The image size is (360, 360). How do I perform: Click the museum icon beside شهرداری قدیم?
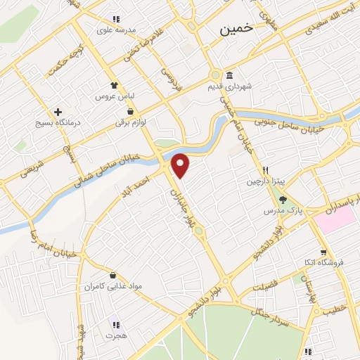pyautogui.click(x=230, y=76)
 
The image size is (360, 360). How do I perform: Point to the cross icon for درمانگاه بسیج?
pyautogui.click(x=58, y=112)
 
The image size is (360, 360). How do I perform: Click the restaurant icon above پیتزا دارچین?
pyautogui.click(x=266, y=170)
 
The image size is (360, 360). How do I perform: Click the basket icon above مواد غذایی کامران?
pyautogui.click(x=112, y=276)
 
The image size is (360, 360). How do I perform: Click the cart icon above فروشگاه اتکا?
pyautogui.click(x=323, y=252)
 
